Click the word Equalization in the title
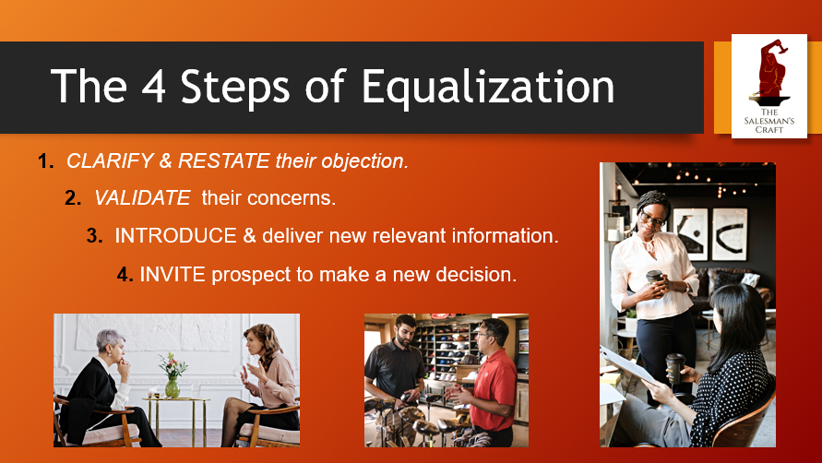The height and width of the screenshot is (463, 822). (x=488, y=87)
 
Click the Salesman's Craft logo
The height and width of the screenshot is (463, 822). (x=768, y=86)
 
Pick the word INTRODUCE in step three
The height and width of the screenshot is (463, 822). (x=175, y=236)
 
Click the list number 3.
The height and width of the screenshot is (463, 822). (x=94, y=236)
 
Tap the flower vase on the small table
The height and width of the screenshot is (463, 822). (x=172, y=379)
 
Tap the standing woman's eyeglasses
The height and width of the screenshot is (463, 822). (x=653, y=220)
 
